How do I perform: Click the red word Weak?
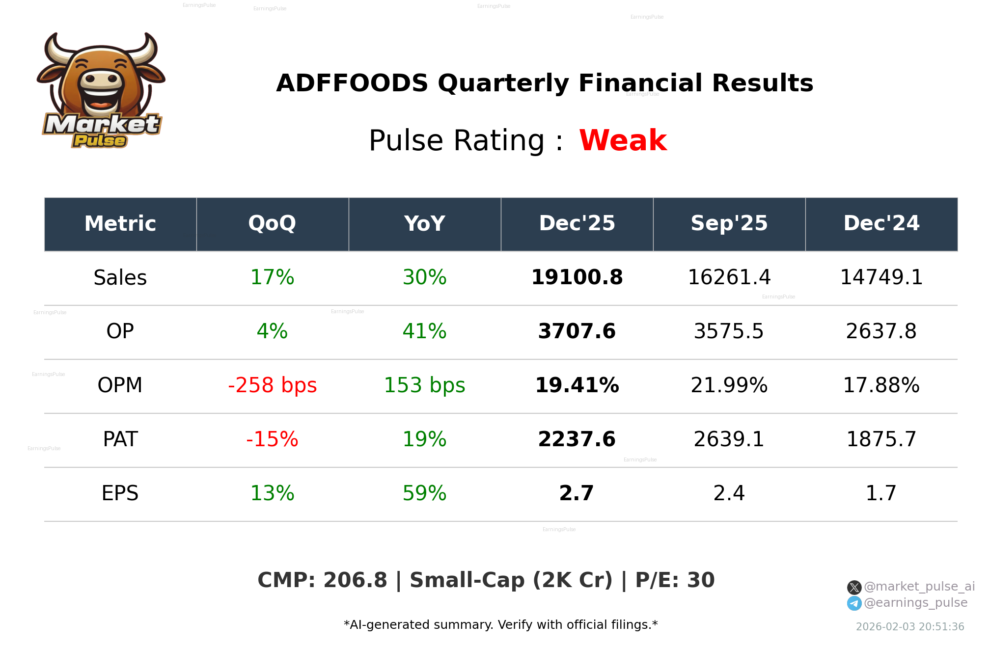(x=623, y=140)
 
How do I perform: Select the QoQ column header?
(x=272, y=224)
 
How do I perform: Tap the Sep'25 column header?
(x=729, y=224)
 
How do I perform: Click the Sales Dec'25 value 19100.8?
(x=577, y=277)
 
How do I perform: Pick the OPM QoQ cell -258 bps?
(x=272, y=385)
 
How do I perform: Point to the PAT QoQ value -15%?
(x=272, y=439)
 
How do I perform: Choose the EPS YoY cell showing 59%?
(x=424, y=493)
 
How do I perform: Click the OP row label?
(x=120, y=331)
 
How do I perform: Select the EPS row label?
(x=120, y=493)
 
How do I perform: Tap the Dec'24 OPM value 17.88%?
(x=881, y=385)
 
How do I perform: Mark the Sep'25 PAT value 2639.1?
(x=729, y=439)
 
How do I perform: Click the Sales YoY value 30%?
(x=424, y=277)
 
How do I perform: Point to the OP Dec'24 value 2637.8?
(x=881, y=331)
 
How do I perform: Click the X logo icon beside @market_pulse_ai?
(x=854, y=587)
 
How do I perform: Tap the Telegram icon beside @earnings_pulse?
(x=854, y=603)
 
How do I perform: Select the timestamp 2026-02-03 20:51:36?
(x=909, y=627)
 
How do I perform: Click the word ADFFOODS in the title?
(x=352, y=83)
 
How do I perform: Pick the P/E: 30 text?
(x=675, y=580)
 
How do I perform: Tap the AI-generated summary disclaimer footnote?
(x=500, y=625)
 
